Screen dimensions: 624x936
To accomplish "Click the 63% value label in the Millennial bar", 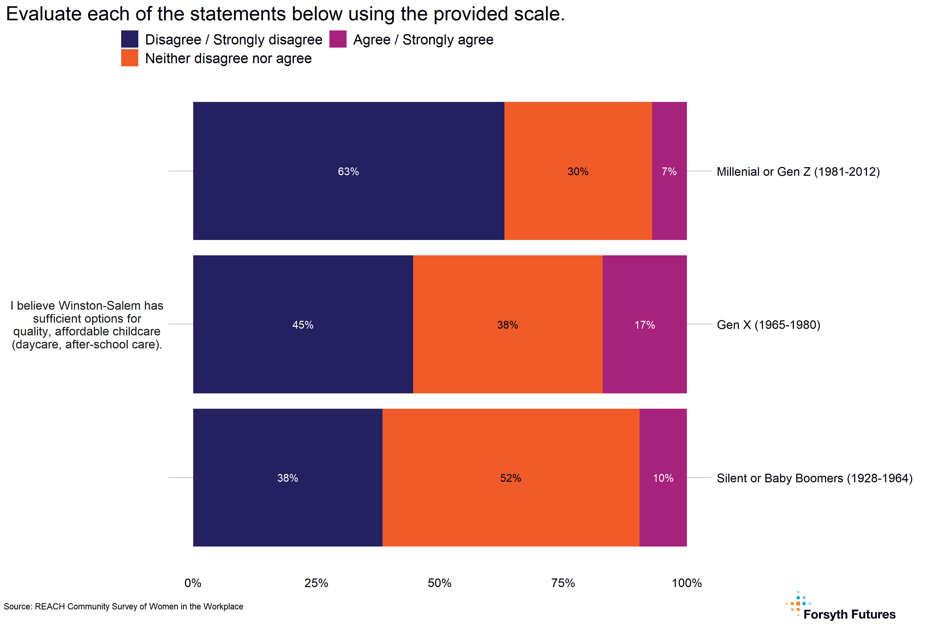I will tap(348, 172).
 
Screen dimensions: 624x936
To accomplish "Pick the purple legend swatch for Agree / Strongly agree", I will tap(338, 39).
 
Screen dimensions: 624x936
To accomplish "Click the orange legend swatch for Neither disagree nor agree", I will tap(130, 58).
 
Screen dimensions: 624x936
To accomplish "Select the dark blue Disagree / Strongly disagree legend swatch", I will tap(130, 39).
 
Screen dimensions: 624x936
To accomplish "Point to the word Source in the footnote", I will tap(17, 607).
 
